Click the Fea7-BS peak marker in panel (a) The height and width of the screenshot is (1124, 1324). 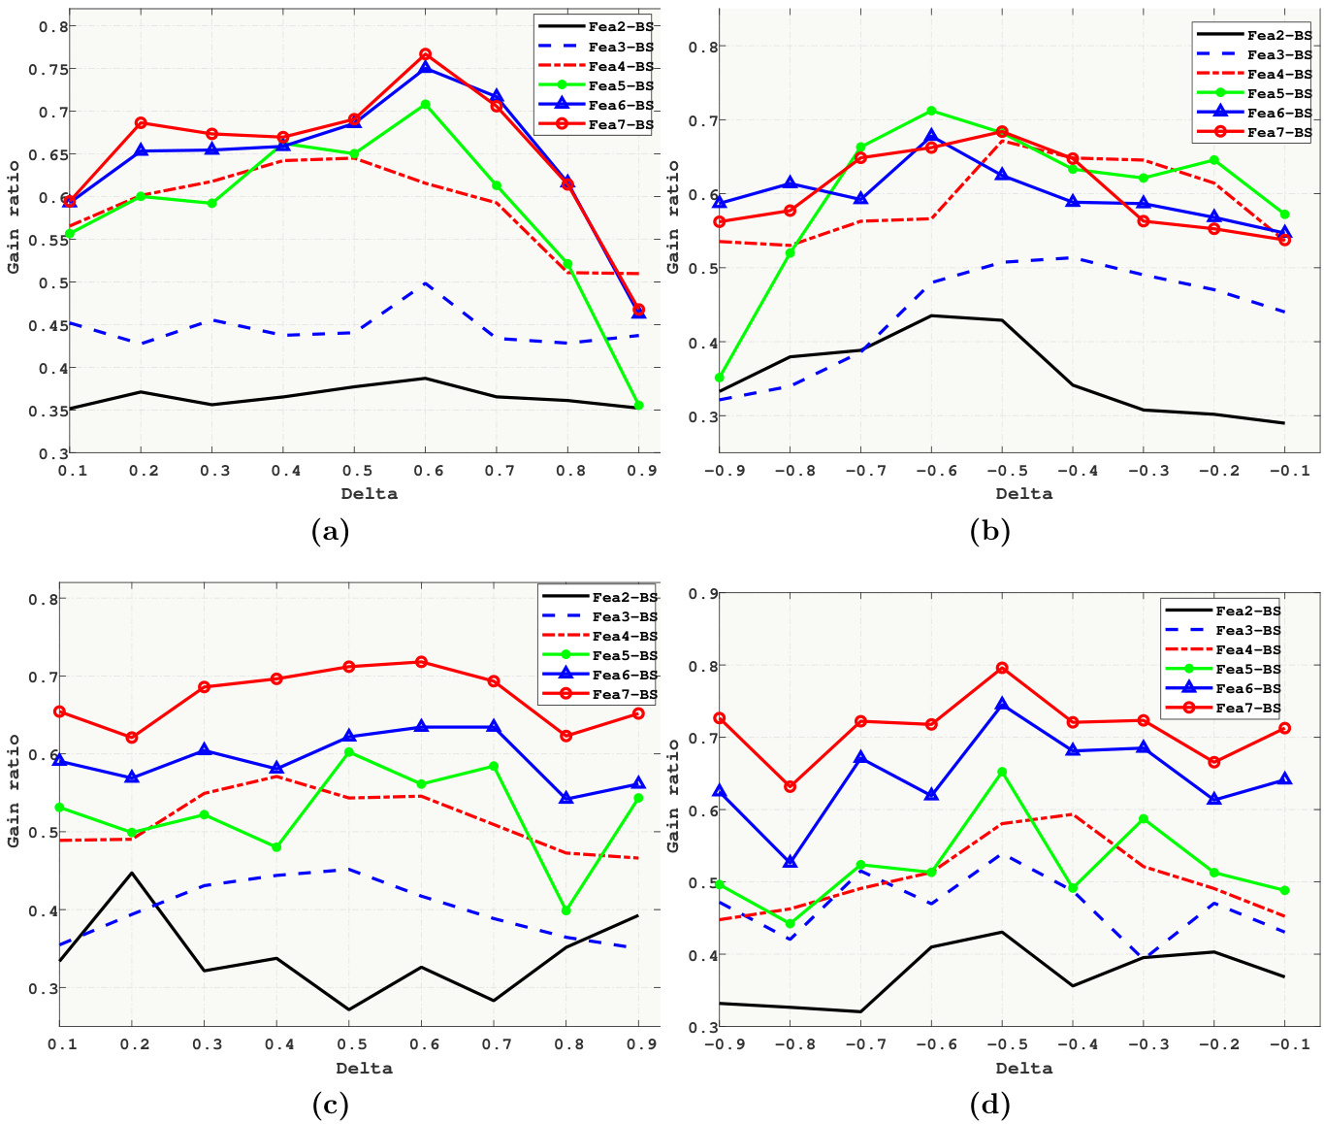426,54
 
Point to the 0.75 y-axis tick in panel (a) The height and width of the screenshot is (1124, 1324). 52,69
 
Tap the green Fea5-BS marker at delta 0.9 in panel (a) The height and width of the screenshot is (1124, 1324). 638,406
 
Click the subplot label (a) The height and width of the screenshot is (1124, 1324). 330,531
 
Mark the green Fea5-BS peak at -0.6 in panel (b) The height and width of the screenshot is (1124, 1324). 931,111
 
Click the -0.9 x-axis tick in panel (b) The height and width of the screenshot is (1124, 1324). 719,471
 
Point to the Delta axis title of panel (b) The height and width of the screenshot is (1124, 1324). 1023,493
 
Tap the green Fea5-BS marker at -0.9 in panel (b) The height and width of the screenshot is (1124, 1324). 719,378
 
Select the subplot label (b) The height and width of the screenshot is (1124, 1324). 989,531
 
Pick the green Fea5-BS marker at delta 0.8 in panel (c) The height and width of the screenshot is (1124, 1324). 565,910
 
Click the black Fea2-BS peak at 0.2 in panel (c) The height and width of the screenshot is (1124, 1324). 131,873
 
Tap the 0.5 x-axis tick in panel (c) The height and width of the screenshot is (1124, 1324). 348,1044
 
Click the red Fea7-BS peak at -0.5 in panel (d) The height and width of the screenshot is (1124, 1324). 1002,668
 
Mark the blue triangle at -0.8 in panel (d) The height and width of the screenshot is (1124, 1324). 790,862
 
